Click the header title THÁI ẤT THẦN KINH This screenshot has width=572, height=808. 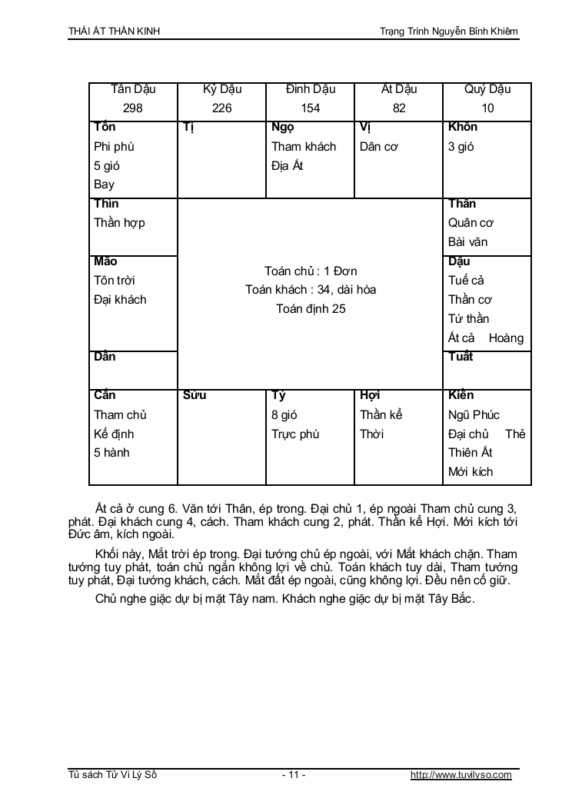click(x=115, y=32)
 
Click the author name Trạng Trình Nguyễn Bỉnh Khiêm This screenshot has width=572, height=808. click(x=449, y=32)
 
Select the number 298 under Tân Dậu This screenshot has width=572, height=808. click(x=133, y=108)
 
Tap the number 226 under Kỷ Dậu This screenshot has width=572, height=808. click(x=221, y=108)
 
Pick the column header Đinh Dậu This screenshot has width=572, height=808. click(x=311, y=89)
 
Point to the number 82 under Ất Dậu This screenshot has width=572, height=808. click(x=399, y=108)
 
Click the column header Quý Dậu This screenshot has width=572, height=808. click(x=487, y=89)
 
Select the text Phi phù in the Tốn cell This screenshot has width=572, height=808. click(x=114, y=146)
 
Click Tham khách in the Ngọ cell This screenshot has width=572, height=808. click(x=304, y=146)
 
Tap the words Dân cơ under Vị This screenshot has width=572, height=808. click(x=379, y=146)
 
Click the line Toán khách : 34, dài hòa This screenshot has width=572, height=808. click(x=311, y=290)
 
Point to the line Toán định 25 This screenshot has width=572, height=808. click(x=311, y=309)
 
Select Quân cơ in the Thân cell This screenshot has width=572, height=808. click(x=471, y=223)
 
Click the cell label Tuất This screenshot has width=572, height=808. click(x=461, y=357)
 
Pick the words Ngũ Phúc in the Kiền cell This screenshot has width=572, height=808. click(x=474, y=415)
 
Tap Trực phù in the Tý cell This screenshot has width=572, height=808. click(x=295, y=434)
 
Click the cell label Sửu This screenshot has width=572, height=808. click(x=195, y=396)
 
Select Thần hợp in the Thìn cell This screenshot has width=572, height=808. click(x=119, y=223)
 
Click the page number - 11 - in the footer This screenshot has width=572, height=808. click(x=294, y=775)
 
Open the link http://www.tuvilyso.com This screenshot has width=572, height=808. click(x=461, y=775)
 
